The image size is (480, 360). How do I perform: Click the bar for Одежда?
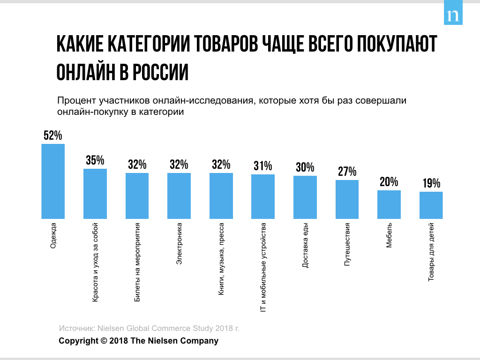(x=53, y=181)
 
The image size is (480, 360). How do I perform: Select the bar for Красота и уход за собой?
(x=95, y=194)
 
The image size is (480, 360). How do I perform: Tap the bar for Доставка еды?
(x=305, y=197)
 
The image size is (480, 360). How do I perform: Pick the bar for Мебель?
(x=389, y=204)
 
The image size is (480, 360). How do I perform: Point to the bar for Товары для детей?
(x=431, y=205)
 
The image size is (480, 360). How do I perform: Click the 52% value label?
(x=53, y=135)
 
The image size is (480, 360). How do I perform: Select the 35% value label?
(x=95, y=160)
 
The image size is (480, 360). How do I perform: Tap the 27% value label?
(x=347, y=172)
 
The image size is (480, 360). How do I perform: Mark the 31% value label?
(x=263, y=166)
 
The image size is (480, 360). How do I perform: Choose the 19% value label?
(x=431, y=183)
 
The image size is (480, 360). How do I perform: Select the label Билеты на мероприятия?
(x=137, y=262)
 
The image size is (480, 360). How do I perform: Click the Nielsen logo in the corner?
(x=453, y=15)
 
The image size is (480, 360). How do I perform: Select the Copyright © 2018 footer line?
(x=138, y=341)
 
